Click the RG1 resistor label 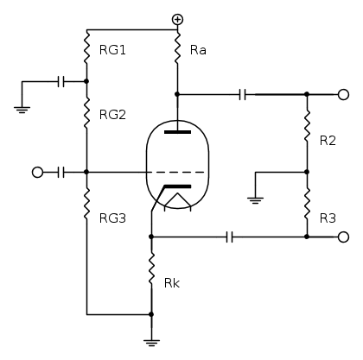(x=112, y=50)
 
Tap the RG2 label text (x=112, y=115)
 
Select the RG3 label (x=112, y=218)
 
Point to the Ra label (x=198, y=50)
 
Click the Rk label (x=172, y=283)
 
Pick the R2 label (x=328, y=141)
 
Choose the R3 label (x=328, y=218)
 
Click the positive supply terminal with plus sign (x=177, y=20)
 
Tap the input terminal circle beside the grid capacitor (x=37, y=173)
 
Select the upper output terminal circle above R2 (x=343, y=94)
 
